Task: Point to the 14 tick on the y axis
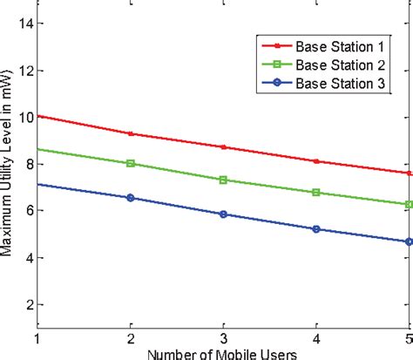coord(25,24)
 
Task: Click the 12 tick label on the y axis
coord(25,71)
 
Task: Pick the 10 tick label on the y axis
coord(25,118)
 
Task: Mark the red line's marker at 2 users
coord(131,133)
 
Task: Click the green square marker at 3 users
coord(224,180)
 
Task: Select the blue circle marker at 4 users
coord(316,229)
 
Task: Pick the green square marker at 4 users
coord(316,192)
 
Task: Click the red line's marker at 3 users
coord(224,146)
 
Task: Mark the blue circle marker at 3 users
coord(224,214)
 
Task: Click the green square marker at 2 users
coord(131,163)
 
